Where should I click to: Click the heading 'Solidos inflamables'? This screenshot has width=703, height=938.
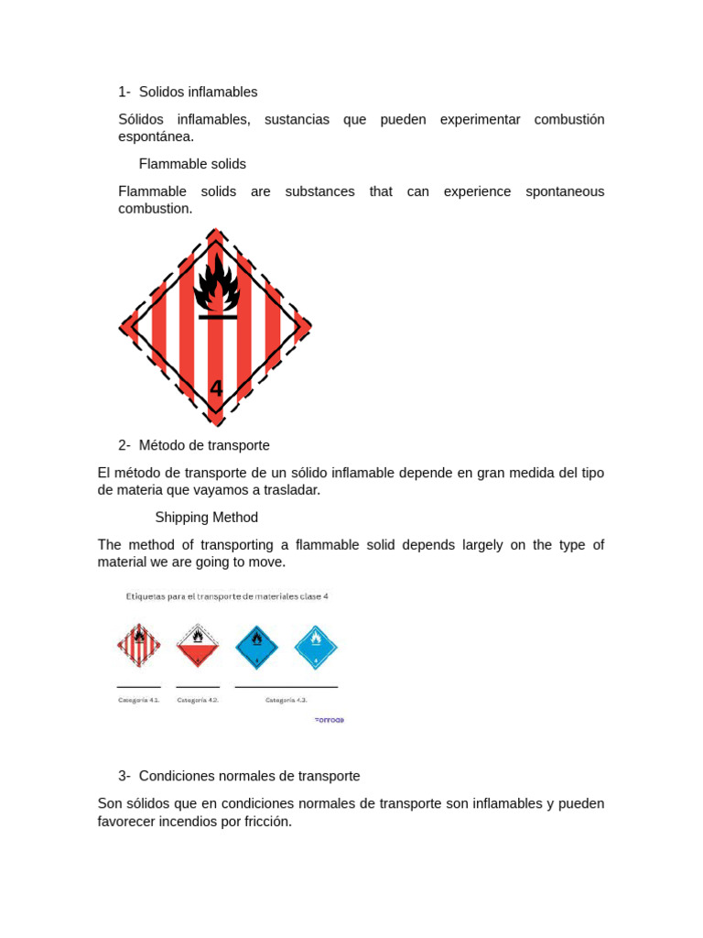coord(198,92)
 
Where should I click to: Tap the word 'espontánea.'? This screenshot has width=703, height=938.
coord(156,136)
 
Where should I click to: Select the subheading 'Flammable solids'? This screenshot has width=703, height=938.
coord(192,164)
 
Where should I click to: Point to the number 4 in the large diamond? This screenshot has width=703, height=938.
coord(216,388)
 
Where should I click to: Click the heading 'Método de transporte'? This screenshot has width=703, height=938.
coord(204,445)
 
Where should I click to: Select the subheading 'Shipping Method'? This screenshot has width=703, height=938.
coord(207,518)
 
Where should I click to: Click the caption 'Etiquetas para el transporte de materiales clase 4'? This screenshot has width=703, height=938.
coord(227,596)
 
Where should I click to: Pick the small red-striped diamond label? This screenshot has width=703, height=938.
coord(139,646)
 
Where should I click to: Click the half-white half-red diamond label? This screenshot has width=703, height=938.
coord(198,646)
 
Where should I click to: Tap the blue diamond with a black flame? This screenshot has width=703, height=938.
coord(256,647)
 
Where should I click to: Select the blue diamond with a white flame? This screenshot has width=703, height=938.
coord(316,647)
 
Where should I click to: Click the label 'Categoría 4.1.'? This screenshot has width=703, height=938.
coord(139,700)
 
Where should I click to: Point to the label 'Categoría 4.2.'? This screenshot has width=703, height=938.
coord(198,700)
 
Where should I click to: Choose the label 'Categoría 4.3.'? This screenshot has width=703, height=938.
coord(287,700)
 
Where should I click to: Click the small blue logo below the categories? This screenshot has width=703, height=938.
coord(330,720)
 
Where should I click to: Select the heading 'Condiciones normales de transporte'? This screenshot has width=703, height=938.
coord(249,776)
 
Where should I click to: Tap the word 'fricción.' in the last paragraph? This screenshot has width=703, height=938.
coord(264,822)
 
